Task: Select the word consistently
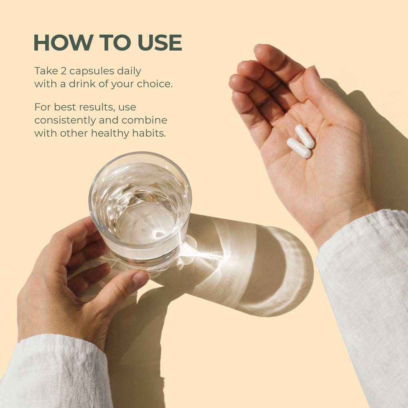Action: click(x=65, y=120)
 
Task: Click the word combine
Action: click(x=144, y=120)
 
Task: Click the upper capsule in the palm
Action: click(x=305, y=136)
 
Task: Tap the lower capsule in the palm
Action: click(x=299, y=148)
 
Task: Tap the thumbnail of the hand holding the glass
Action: click(x=140, y=277)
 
